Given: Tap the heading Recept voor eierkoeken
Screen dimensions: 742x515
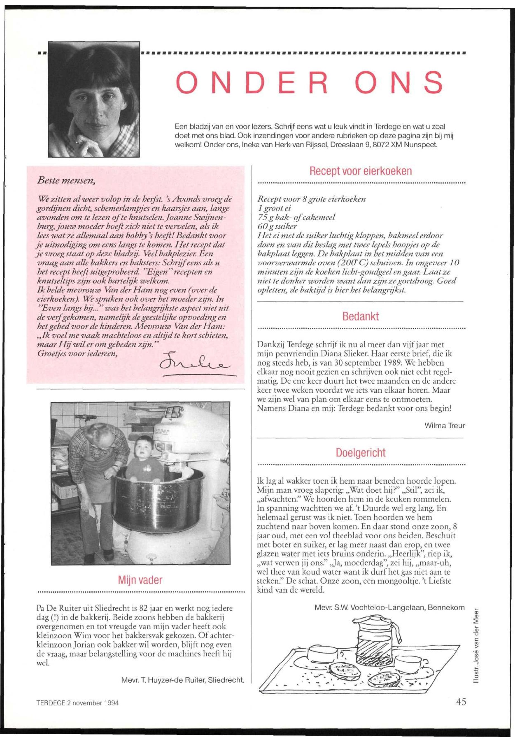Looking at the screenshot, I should click(361, 171).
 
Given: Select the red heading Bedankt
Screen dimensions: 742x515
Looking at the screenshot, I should click(360, 316).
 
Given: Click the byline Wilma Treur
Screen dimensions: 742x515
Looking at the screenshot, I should click(444, 425).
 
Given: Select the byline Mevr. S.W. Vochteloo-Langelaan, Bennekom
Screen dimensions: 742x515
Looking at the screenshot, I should click(389, 608).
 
